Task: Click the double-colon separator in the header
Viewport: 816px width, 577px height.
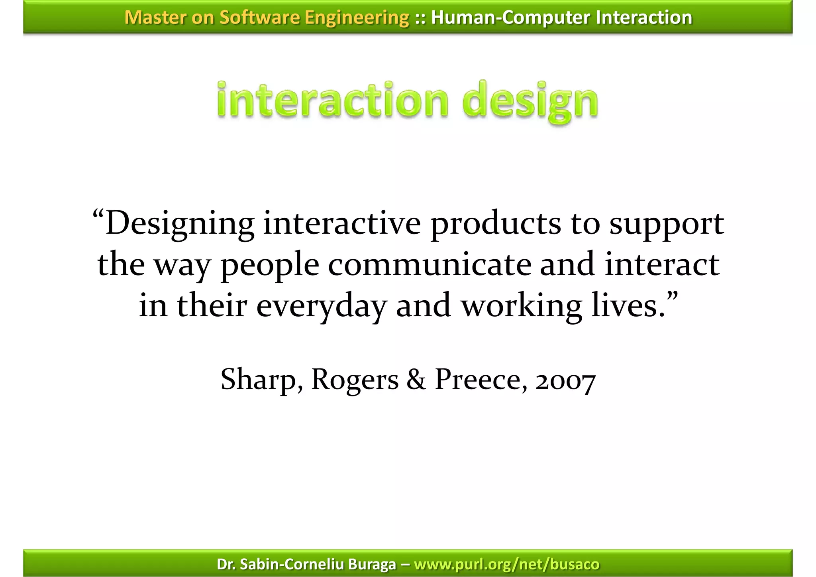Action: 420,18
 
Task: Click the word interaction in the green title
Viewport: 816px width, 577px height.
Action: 333,100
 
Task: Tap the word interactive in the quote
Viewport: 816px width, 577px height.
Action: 342,223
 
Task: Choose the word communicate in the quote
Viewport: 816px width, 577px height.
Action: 430,265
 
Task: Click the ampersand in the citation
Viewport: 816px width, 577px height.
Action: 416,379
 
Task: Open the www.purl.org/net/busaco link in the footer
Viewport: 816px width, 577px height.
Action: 506,564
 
